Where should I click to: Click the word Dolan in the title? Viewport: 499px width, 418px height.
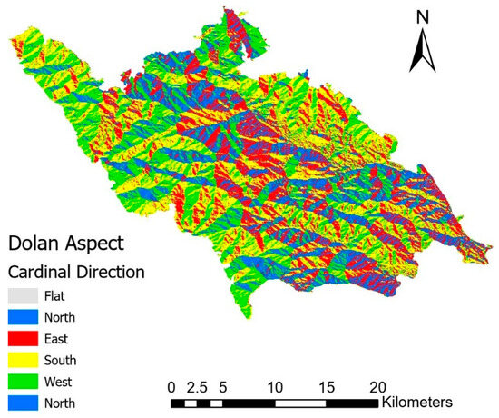pyautogui.click(x=36, y=243)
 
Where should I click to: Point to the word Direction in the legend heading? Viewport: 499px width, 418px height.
pyautogui.click(x=110, y=271)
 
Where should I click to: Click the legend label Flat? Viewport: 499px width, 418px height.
pyautogui.click(x=70, y=295)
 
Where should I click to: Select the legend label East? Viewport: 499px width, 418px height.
pyautogui.click(x=70, y=339)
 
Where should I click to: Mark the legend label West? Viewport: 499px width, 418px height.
pyautogui.click(x=73, y=383)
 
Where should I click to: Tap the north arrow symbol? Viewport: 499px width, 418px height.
pyautogui.click(x=420, y=50)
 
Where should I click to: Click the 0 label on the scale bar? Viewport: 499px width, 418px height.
pyautogui.click(x=172, y=383)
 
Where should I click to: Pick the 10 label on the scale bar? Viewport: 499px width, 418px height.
pyautogui.click(x=276, y=383)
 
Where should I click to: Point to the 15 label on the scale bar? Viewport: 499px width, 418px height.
pyautogui.click(x=328, y=383)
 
